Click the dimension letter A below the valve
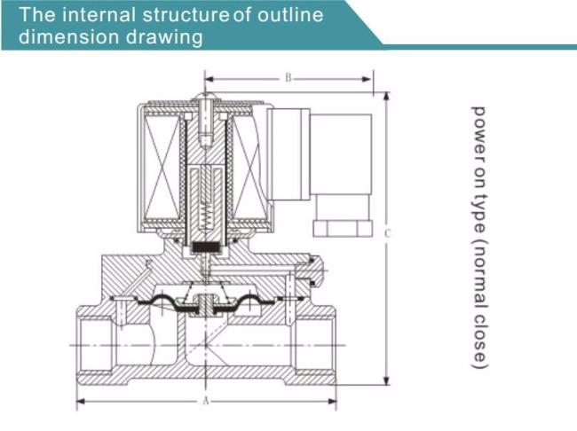coord(206,401)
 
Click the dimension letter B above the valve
coord(288,78)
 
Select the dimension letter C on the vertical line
coord(387,233)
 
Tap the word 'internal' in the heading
coord(99,15)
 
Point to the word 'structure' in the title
coord(186,15)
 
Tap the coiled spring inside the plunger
coord(205,214)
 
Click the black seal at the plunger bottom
coord(205,247)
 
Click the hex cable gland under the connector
coord(342,228)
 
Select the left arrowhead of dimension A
coord(81,401)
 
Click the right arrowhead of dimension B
coord(367,79)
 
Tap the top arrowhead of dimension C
coord(386,96)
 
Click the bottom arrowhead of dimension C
coord(386,380)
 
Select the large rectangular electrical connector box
coord(341,154)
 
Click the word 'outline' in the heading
coord(290,15)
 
